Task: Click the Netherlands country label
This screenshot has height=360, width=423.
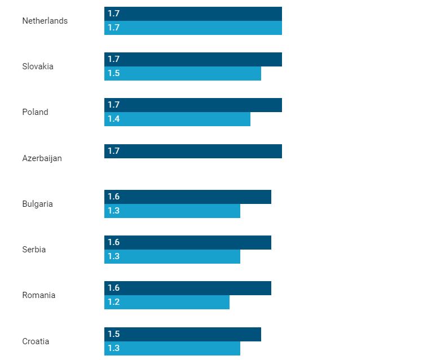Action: pos(45,21)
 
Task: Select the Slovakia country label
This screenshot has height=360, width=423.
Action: pos(38,66)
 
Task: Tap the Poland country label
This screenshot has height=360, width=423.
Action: pos(35,112)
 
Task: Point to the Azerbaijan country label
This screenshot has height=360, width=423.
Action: pos(42,158)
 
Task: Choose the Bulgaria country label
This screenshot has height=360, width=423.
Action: pos(37,204)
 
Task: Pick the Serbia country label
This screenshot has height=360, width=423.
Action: pos(34,250)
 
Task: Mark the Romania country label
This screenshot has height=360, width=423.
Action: pos(38,295)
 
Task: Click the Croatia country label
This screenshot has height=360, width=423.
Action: pos(36,341)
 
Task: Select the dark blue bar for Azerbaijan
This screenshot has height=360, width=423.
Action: pos(193,151)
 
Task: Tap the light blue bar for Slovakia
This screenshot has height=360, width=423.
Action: pos(183,73)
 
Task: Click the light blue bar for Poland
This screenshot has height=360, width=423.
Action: pos(177,119)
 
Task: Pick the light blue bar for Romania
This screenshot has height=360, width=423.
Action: pos(167,302)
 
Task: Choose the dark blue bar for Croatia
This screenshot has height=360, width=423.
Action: pos(183,334)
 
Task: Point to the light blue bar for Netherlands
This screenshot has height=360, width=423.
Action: pos(193,28)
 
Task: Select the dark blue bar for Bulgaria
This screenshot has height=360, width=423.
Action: pos(188,197)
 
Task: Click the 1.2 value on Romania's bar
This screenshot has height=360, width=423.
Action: pos(113,302)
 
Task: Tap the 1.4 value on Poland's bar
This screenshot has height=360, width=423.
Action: pos(113,119)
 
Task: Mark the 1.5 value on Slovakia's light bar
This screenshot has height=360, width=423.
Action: pos(113,73)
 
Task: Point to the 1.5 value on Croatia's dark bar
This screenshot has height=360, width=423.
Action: pos(113,334)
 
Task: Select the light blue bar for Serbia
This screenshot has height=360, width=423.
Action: pos(172,256)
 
